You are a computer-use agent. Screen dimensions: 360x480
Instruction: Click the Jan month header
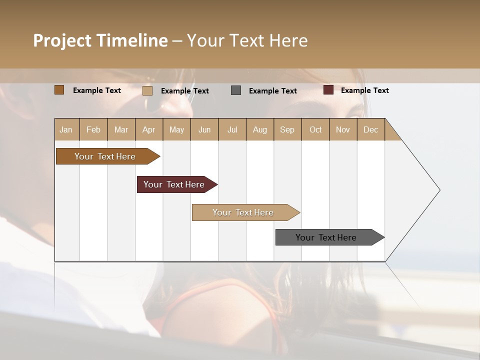66,129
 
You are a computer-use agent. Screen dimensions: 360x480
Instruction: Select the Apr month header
148,129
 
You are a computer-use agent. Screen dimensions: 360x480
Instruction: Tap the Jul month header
232,129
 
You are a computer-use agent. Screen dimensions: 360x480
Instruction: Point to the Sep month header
287,129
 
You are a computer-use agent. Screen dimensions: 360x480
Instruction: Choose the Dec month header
370,129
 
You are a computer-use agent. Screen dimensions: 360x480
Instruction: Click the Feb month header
93,129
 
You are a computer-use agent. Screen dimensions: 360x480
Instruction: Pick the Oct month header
315,129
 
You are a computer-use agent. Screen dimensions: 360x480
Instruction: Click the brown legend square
59,90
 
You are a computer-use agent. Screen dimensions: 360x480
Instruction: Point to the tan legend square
147,90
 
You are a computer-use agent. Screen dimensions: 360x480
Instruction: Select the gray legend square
236,90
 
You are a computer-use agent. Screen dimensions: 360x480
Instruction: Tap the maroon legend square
328,90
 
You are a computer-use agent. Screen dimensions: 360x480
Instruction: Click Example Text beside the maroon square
364,90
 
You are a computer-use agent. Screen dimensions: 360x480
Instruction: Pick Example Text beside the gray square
272,91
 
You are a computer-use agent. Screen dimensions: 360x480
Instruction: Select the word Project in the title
62,40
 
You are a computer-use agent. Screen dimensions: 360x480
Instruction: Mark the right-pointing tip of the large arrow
438,190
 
